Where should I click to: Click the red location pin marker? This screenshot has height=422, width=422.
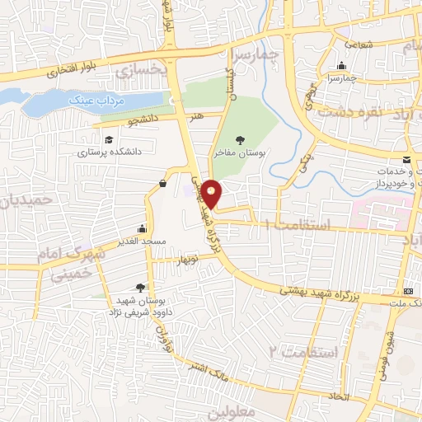tap(212, 195)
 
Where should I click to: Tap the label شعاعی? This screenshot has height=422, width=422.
tap(359, 45)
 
